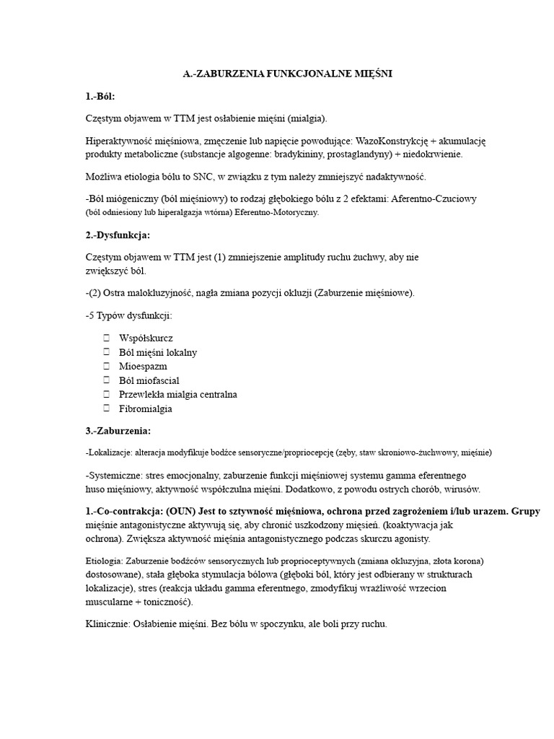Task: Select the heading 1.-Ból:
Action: [100, 96]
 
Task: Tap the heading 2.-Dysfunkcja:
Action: [118, 235]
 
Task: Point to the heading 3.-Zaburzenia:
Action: [118, 431]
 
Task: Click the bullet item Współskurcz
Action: [146, 338]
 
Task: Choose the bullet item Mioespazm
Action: [143, 366]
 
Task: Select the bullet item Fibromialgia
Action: [146, 408]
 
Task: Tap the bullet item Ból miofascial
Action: [149, 380]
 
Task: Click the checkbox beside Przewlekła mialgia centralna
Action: [106, 395]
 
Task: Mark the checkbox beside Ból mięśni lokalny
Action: [106, 352]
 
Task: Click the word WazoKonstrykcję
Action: [392, 141]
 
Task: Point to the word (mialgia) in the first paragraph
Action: [307, 118]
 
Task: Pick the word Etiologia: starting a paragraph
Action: [104, 561]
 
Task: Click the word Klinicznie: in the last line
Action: [107, 624]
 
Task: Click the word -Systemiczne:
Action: [116, 476]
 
